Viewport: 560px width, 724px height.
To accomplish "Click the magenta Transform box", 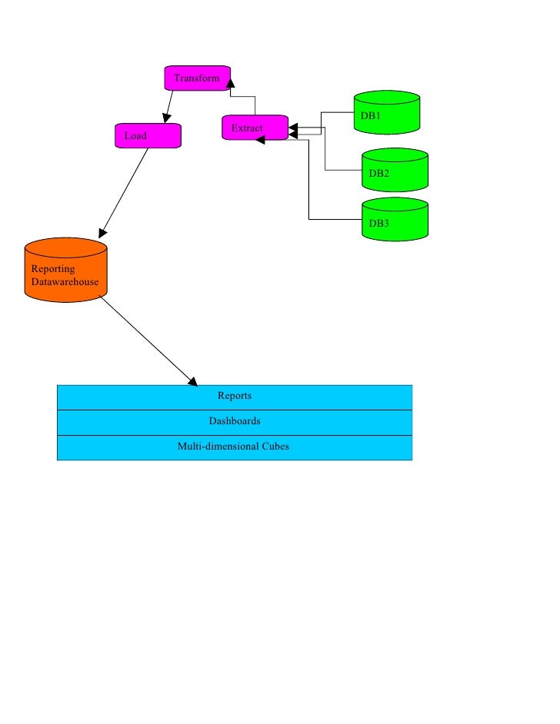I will [x=197, y=78].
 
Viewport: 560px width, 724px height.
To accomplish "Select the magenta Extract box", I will [x=255, y=128].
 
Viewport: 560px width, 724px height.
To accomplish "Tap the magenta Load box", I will [x=148, y=135].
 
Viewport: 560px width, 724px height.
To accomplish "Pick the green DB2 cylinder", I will [x=395, y=170].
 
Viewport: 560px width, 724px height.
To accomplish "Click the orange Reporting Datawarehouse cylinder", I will [x=65, y=269].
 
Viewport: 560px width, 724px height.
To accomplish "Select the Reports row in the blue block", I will [x=235, y=397].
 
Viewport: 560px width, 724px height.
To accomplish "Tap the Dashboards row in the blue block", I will [x=235, y=421].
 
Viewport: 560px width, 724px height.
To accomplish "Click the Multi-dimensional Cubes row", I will [x=235, y=446].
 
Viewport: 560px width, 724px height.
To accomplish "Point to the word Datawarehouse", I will [x=65, y=282].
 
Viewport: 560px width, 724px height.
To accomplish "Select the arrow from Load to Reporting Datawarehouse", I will [x=125, y=192].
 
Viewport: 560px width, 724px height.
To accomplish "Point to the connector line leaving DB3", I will [x=309, y=184].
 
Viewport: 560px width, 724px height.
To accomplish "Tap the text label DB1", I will [x=371, y=116].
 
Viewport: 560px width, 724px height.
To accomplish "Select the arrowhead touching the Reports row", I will [x=192, y=380].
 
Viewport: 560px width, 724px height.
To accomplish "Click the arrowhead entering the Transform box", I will [x=229, y=85].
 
